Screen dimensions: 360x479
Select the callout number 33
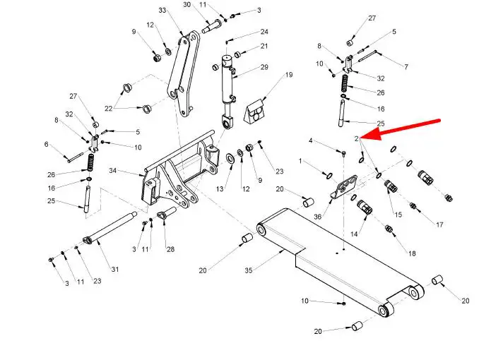162,11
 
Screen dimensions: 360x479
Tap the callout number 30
187,5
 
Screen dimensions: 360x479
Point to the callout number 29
264,67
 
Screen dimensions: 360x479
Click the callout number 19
288,74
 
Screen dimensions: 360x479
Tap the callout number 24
264,32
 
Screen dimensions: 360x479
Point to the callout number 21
264,47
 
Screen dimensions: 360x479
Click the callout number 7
406,66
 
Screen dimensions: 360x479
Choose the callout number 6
47,144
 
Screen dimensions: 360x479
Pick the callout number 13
220,189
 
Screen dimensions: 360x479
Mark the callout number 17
439,224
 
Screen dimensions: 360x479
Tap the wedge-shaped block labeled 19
256,112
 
